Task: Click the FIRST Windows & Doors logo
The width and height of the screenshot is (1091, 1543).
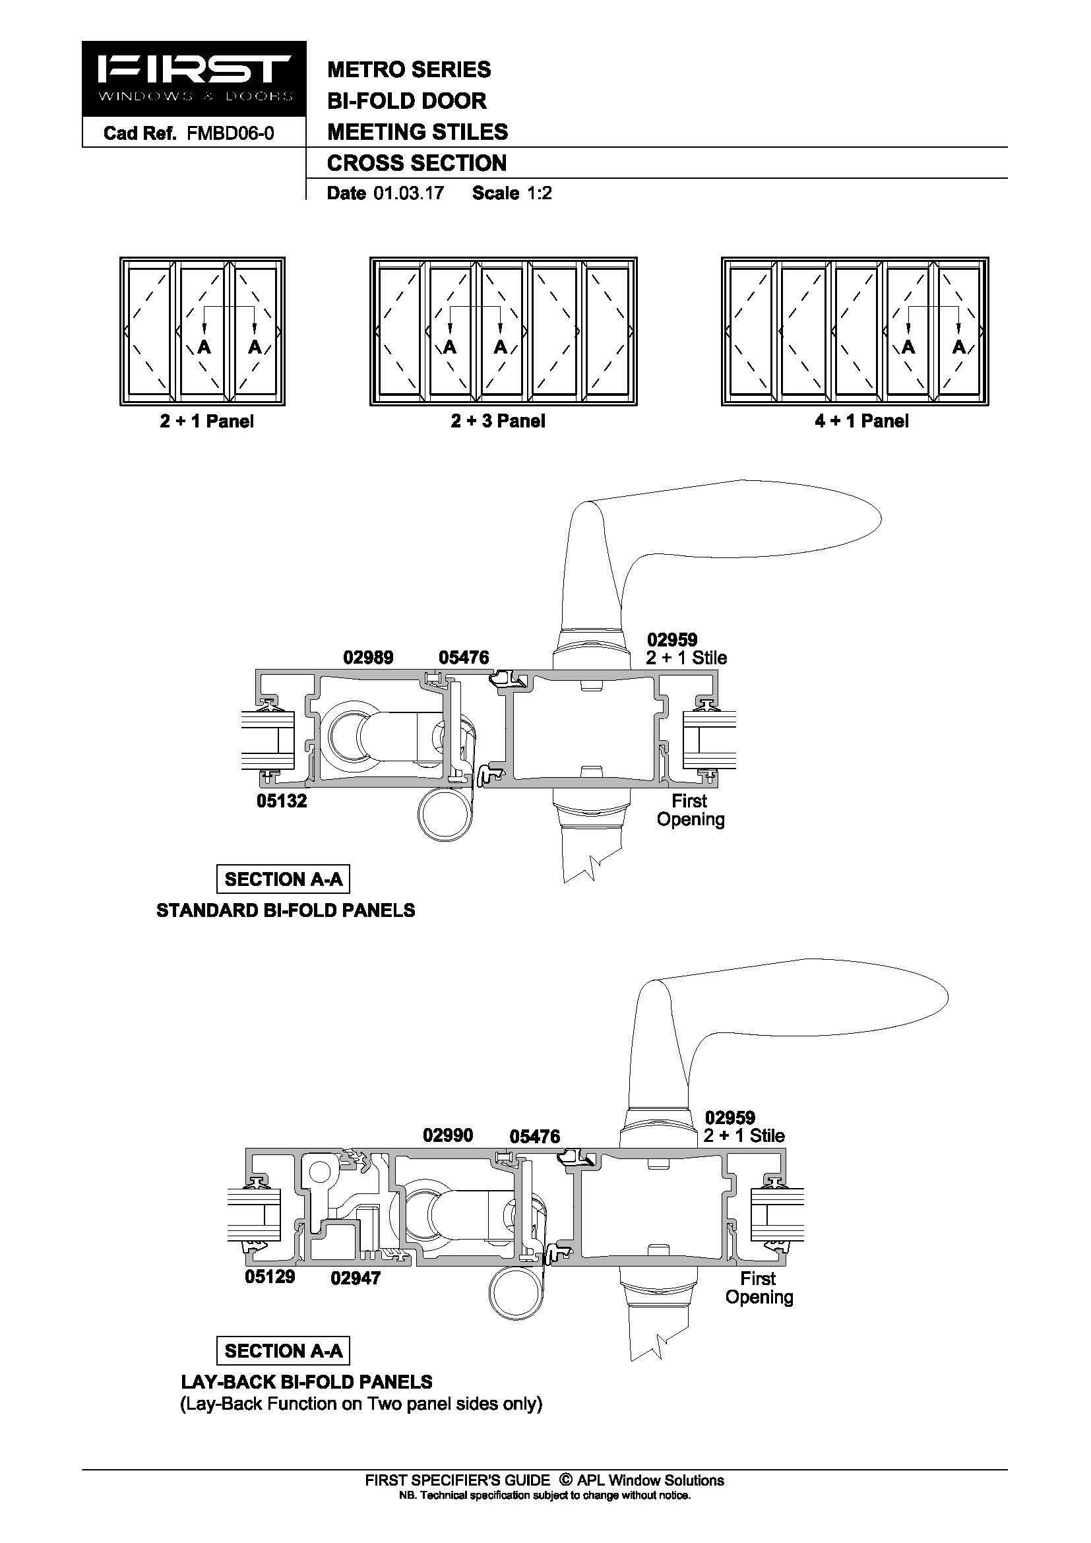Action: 194,79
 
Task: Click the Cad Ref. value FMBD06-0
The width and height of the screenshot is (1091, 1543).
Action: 230,133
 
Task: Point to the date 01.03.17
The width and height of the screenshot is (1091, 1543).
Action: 409,193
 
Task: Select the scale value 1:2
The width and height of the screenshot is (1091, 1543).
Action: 540,193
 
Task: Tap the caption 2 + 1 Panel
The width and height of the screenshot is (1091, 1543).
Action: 207,422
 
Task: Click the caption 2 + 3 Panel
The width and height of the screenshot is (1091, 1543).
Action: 498,422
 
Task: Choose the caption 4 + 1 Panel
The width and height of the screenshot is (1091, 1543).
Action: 862,422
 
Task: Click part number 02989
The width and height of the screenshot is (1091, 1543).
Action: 368,657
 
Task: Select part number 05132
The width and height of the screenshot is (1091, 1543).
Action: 282,801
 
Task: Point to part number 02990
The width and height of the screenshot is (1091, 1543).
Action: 448,1135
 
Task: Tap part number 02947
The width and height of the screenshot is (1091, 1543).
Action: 356,1278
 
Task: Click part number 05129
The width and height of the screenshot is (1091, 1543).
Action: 270,1276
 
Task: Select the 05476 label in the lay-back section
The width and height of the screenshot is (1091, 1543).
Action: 535,1137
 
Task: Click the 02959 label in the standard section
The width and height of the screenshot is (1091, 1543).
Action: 672,640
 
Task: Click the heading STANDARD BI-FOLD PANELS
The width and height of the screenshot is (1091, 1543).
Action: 286,910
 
